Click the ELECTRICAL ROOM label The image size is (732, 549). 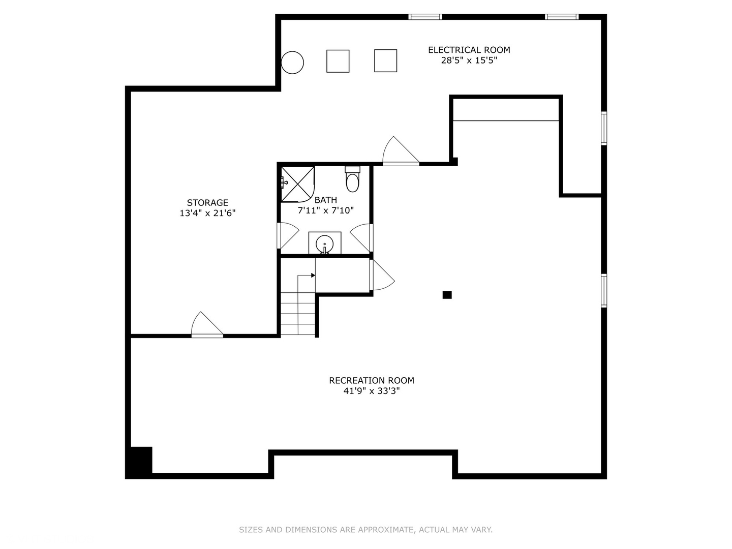[469, 50]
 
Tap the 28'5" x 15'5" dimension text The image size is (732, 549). [469, 60]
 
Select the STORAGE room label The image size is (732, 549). [207, 202]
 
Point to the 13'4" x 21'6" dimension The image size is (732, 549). [207, 213]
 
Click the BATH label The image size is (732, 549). [325, 200]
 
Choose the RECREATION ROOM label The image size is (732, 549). [371, 380]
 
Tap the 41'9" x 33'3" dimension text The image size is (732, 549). [371, 391]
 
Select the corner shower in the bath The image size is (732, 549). [297, 183]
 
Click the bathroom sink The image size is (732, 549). [324, 244]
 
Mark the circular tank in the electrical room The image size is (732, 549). [292, 63]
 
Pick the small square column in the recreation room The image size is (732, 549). [447, 295]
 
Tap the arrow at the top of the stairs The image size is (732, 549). [312, 276]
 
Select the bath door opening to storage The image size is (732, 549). [287, 235]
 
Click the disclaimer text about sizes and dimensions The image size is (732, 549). [365, 530]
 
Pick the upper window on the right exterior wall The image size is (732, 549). [604, 128]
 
